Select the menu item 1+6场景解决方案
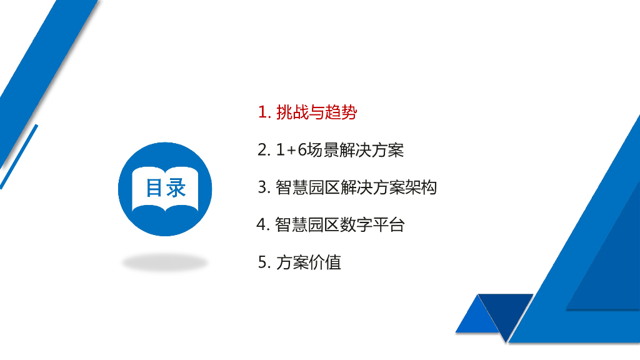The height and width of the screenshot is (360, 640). point(340,150)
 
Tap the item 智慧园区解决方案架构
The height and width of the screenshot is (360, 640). point(356,187)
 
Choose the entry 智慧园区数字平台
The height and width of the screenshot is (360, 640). point(340,225)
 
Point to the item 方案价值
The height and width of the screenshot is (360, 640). point(308,262)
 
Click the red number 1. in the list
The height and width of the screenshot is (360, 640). point(264,112)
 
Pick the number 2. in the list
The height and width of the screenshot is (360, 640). point(263,150)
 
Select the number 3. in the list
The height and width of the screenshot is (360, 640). point(263,187)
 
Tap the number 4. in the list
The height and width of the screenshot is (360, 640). point(262,225)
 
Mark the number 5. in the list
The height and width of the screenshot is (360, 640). point(263,262)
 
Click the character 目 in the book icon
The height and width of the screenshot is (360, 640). point(154,188)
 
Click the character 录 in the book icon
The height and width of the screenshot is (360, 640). point(176,188)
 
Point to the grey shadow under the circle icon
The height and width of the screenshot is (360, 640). point(165,263)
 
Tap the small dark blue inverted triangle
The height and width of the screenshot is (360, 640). point(504,311)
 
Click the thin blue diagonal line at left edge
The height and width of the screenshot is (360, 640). point(19,156)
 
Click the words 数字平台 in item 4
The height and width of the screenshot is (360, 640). point(372,225)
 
